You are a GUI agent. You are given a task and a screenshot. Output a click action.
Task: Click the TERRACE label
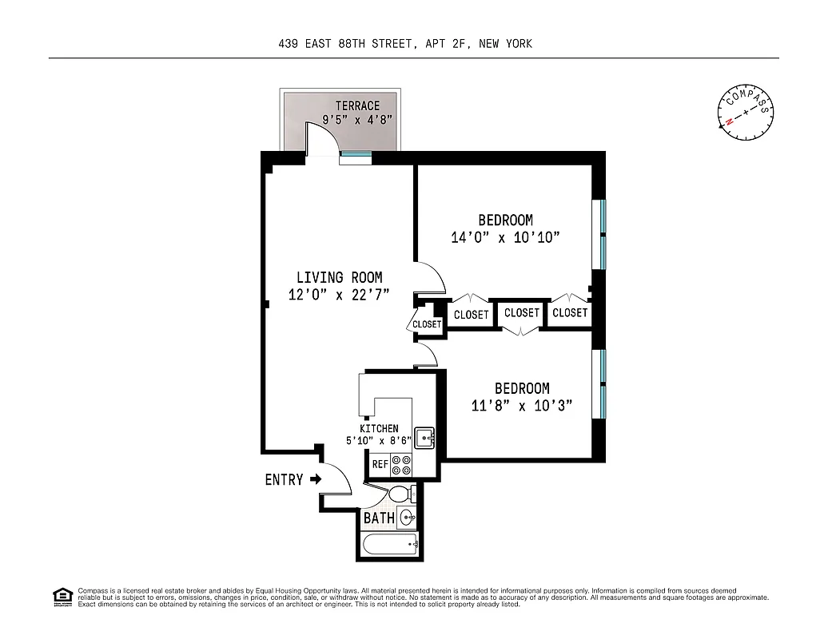pyautogui.click(x=357, y=105)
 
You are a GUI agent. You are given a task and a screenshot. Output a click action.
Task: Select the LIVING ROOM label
pyautogui.click(x=339, y=277)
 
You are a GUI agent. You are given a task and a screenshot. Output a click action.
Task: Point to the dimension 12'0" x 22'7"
pyautogui.click(x=339, y=295)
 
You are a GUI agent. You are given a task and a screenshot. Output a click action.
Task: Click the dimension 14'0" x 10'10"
pyautogui.click(x=505, y=237)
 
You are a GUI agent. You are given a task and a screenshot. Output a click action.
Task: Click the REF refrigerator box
pyautogui.click(x=380, y=464)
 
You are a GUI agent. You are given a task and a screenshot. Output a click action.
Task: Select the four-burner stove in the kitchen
pyautogui.click(x=401, y=466)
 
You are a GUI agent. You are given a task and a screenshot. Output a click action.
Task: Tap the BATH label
pyautogui.click(x=379, y=518)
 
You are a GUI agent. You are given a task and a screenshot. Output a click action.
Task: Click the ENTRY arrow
pyautogui.click(x=315, y=479)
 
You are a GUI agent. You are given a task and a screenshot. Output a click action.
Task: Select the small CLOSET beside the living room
pyautogui.click(x=426, y=324)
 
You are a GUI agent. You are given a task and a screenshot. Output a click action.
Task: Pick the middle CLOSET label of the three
pyautogui.click(x=522, y=313)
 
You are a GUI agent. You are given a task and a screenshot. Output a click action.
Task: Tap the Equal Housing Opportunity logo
pyautogui.click(x=61, y=596)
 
